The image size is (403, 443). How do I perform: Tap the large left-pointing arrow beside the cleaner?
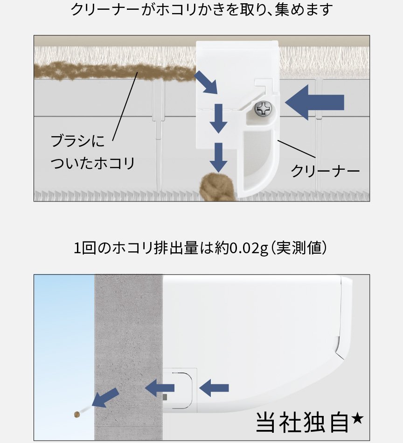(314, 102)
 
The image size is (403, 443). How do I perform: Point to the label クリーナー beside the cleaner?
(325, 171)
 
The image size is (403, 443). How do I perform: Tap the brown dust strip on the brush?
(112, 72)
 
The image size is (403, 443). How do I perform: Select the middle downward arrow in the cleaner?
(218, 118)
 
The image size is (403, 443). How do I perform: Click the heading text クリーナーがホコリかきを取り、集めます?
(201, 10)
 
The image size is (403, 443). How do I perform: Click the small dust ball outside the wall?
(76, 414)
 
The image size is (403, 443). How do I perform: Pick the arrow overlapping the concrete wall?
(160, 387)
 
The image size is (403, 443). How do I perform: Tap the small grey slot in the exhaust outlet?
(165, 397)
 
